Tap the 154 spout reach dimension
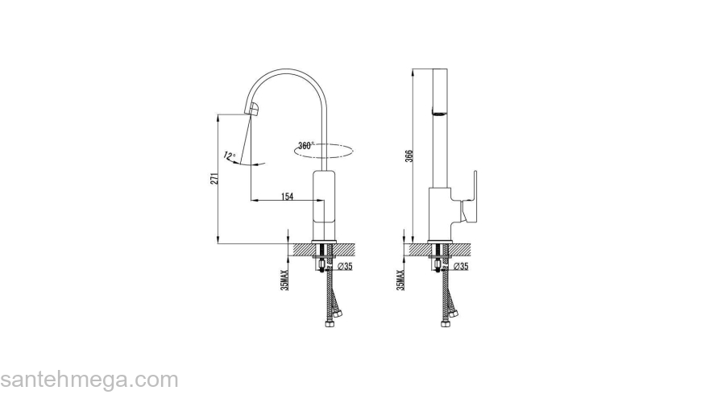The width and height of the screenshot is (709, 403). [287, 197]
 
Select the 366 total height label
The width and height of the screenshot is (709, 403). [409, 156]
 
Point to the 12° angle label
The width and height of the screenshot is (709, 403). [230, 156]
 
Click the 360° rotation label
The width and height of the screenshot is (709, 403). [305, 146]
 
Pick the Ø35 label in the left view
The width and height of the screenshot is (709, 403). [345, 267]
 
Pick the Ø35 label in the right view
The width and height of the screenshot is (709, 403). [461, 267]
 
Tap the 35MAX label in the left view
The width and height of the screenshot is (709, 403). [284, 280]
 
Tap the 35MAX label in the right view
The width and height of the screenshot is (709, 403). [400, 280]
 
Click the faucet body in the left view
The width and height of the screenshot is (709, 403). [324, 205]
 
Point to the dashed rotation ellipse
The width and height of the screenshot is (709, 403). [323, 151]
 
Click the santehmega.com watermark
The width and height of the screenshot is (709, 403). [89, 380]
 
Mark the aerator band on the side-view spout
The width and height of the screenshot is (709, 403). [440, 112]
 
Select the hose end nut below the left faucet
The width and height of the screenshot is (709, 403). [330, 323]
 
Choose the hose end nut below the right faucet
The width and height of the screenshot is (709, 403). [445, 323]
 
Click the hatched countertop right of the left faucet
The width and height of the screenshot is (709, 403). [346, 250]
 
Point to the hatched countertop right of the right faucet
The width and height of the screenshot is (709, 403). [461, 250]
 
